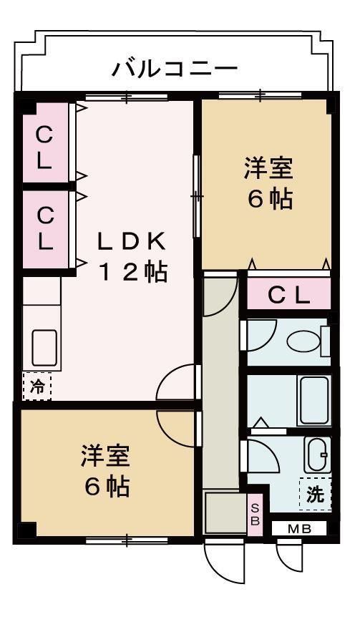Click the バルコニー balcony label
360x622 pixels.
click(x=175, y=69)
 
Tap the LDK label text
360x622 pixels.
click(x=132, y=241)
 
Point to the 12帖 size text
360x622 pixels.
click(x=132, y=272)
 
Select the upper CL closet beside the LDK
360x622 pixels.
click(x=44, y=147)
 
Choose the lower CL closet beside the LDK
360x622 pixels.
click(x=44, y=228)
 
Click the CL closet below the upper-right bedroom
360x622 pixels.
click(x=289, y=295)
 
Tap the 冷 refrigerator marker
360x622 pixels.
click(x=37, y=387)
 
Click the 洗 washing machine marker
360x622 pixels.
click(x=315, y=493)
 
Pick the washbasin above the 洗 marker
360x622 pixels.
click(x=315, y=455)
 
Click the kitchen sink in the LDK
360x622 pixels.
click(x=42, y=350)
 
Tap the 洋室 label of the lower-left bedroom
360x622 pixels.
click(x=105, y=457)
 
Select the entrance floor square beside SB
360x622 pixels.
click(x=225, y=512)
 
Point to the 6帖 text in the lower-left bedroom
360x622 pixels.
click(x=107, y=487)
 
